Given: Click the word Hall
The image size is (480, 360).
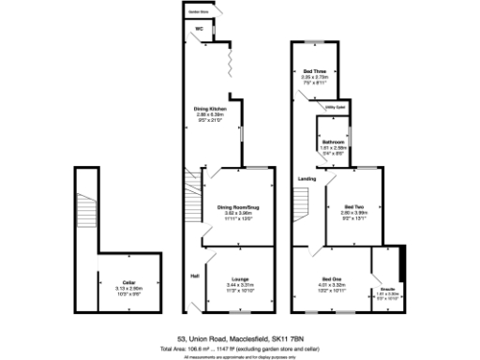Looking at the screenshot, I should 194,276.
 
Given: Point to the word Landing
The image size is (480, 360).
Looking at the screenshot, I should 306,177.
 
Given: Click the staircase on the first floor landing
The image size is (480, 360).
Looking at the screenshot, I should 302,202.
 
